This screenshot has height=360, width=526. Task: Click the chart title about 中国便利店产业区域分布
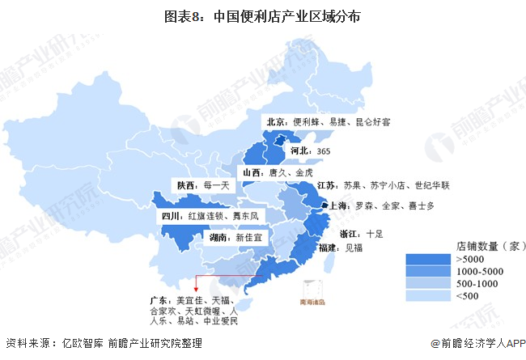click(x=262, y=15)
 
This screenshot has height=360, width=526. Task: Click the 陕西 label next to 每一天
click(x=186, y=184)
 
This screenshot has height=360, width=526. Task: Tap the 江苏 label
click(x=329, y=185)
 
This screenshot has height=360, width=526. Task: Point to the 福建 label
click(x=329, y=248)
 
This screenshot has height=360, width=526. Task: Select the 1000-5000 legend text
click(x=481, y=271)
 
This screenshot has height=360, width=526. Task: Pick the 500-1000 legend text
click(x=478, y=284)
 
